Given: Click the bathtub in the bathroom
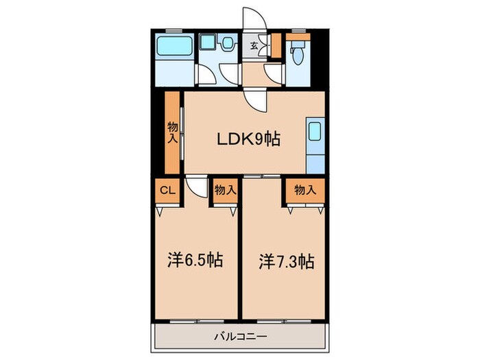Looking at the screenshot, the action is pyautogui.click(x=175, y=45).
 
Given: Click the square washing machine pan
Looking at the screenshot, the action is pyautogui.click(x=208, y=42).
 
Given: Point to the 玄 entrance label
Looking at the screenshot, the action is pyautogui.click(x=254, y=46).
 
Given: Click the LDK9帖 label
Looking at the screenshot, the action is pyautogui.click(x=248, y=140).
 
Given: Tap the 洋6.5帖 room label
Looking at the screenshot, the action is pyautogui.click(x=195, y=261).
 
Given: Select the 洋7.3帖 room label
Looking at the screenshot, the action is pyautogui.click(x=287, y=262).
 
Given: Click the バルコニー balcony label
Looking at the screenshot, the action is pyautogui.click(x=240, y=337).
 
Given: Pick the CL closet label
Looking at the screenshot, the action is pyautogui.click(x=168, y=191).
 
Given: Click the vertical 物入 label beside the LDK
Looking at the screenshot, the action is pyautogui.click(x=173, y=132).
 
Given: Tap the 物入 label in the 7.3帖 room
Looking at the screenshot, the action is pyautogui.click(x=305, y=190).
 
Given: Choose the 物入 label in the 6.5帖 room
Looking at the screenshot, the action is pyautogui.click(x=226, y=190).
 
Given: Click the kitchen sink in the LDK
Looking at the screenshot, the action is pyautogui.click(x=315, y=131).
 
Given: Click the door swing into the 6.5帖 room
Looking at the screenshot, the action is pyautogui.click(x=197, y=187).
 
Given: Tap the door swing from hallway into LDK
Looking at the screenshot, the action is pyautogui.click(x=255, y=100).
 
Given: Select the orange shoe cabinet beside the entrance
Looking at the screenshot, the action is pyautogui.click(x=276, y=46).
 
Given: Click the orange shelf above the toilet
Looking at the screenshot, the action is pyautogui.click(x=298, y=37).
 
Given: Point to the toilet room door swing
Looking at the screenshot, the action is pyautogui.click(x=273, y=74).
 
